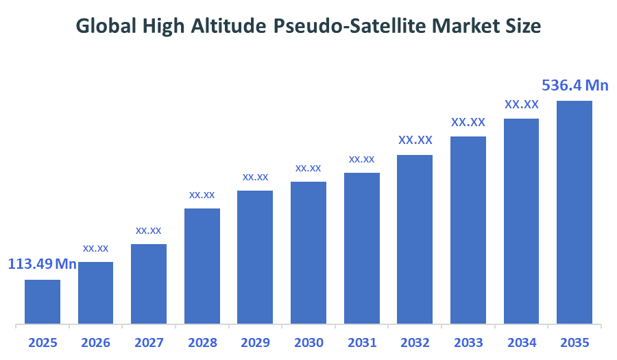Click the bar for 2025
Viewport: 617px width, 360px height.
click(43, 301)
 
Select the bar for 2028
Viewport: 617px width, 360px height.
click(202, 265)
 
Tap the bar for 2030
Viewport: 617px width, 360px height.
click(308, 252)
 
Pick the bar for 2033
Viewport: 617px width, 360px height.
click(468, 229)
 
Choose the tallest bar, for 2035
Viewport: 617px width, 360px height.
click(574, 211)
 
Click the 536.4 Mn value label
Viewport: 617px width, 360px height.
click(575, 86)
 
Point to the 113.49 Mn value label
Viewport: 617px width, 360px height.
click(42, 264)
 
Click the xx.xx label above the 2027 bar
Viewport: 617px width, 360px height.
click(149, 230)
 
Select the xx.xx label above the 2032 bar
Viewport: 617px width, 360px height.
click(415, 140)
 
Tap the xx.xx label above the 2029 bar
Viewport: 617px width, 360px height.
click(255, 177)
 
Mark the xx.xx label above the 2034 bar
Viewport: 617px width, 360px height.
click(522, 104)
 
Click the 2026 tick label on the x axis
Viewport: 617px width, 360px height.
click(95, 342)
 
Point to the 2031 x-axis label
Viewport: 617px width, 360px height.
click(361, 342)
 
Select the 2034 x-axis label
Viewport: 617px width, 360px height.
click(521, 342)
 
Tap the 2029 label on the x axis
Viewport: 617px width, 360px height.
click(255, 342)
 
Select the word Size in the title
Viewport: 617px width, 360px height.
click(523, 26)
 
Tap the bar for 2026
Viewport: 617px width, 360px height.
click(96, 292)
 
